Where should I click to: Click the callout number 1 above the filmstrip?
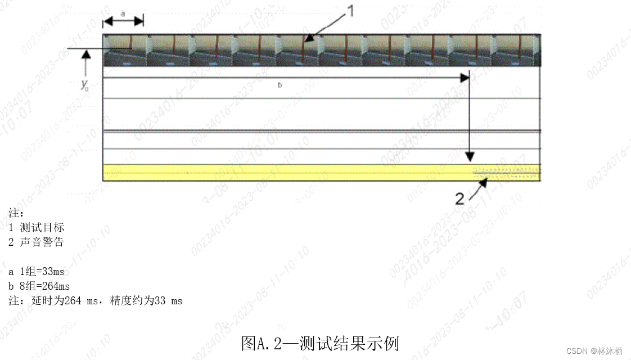pos(349,11)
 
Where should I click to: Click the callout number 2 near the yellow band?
pos(459,199)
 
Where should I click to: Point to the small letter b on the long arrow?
pos(280,85)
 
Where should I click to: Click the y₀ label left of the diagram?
pos(85,85)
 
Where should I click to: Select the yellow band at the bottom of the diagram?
pos(281,172)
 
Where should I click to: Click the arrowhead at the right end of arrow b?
pos(465,78)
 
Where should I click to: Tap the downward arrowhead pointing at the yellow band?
pos(471,156)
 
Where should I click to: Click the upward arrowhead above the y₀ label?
pos(85,55)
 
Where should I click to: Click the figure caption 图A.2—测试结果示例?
pos(320,343)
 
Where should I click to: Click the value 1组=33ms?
pos(40,272)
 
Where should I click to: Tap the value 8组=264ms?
pos(43,286)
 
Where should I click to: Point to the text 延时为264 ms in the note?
pos(65,301)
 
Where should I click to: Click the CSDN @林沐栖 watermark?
pos(594,350)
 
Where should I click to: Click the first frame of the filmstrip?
pos(124,50)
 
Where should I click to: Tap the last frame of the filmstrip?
pos(518,50)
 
